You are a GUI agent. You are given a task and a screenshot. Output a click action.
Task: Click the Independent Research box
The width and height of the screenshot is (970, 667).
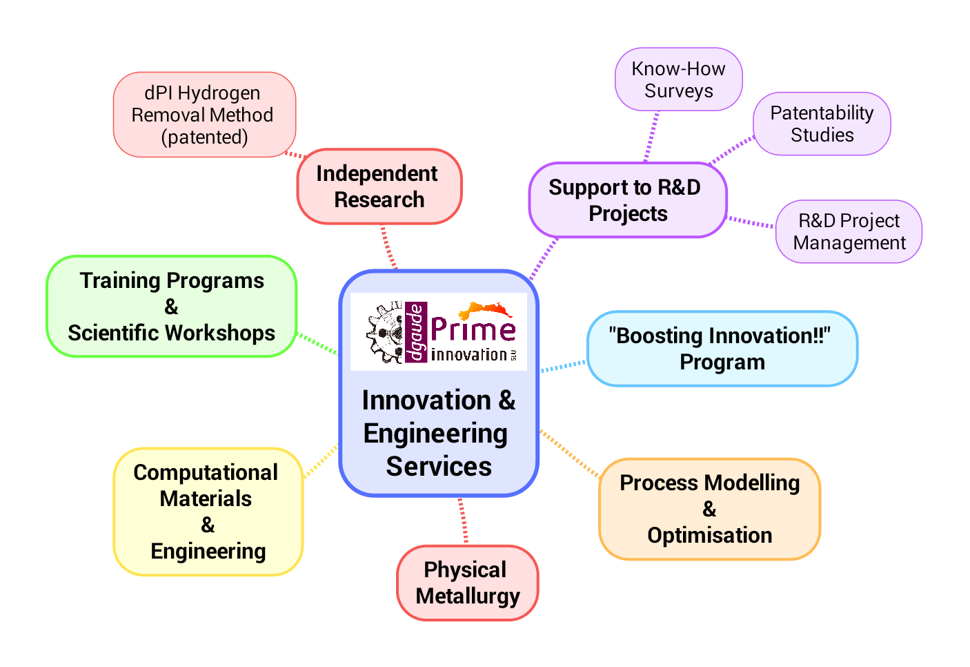pos(379,186)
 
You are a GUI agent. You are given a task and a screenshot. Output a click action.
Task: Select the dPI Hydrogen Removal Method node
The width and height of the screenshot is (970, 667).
pos(204,115)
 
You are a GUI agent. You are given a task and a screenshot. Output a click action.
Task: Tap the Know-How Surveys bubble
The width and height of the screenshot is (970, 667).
pos(678,79)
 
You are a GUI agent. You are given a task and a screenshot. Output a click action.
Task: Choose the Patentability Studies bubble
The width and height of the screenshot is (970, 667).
pos(821,124)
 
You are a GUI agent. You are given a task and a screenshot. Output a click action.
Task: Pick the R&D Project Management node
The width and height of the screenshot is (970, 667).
pos(849,232)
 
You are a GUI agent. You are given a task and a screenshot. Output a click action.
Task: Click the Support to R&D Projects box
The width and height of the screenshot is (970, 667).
pos(627,200)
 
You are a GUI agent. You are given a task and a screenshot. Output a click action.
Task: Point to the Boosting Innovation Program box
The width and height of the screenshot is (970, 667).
pos(722,349)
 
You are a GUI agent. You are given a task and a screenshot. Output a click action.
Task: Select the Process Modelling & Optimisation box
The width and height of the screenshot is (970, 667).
pos(709,509)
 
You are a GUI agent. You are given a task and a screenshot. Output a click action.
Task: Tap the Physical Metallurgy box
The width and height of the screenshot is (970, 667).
pos(467,583)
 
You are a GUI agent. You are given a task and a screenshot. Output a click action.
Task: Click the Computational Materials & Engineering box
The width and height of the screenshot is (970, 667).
pos(208,512)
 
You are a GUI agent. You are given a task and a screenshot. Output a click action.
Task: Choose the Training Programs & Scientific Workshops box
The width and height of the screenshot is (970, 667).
pos(171,307)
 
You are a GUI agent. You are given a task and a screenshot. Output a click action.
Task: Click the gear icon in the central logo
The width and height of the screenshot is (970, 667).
pos(385,332)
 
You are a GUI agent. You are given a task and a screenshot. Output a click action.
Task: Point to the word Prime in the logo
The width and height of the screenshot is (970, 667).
pos(473,329)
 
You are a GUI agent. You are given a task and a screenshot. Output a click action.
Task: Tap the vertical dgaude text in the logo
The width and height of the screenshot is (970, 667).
pos(415,332)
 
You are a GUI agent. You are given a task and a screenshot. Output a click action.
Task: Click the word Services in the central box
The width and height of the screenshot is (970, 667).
pos(439,467)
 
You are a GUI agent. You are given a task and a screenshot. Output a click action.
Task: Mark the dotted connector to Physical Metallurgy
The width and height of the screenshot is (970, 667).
pos(463,521)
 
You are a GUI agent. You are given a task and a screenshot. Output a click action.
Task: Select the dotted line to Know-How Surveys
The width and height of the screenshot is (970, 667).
pos(652,137)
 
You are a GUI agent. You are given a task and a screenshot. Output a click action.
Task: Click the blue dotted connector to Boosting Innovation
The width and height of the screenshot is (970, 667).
pos(563,366)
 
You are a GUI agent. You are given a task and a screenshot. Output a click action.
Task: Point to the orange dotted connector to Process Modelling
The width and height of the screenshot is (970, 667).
pos(569,453)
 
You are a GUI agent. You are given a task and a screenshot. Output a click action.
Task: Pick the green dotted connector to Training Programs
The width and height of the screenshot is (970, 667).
pos(317,344)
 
